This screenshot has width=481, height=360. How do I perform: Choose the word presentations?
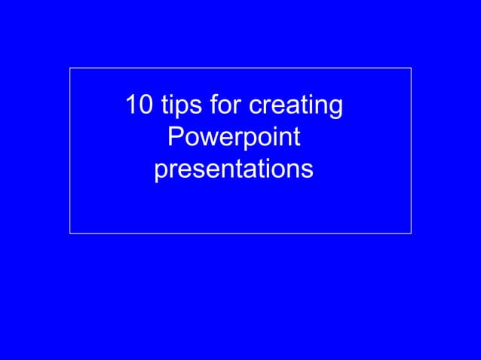(233, 170)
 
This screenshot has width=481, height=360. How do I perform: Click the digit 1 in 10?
(132, 105)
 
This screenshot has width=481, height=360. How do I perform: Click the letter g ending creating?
(335, 109)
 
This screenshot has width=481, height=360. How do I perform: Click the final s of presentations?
(307, 171)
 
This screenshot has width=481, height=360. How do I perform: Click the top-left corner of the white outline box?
(70, 68)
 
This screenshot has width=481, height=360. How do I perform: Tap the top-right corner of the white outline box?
(411, 68)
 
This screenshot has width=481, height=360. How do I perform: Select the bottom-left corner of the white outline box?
(70, 233)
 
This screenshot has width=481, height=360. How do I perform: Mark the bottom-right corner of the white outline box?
(411, 233)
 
